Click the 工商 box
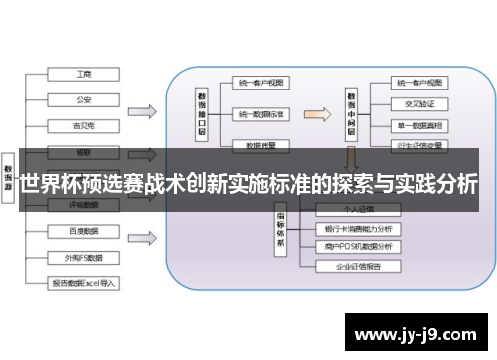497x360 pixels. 83,74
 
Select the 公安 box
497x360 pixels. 83,98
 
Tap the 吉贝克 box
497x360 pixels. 83,126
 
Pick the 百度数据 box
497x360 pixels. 83,231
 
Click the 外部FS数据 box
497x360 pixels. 83,257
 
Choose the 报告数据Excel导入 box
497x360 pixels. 83,283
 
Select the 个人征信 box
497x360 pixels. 357,209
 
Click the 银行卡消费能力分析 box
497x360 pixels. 357,228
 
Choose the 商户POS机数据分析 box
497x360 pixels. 357,247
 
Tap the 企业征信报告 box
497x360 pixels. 357,267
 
